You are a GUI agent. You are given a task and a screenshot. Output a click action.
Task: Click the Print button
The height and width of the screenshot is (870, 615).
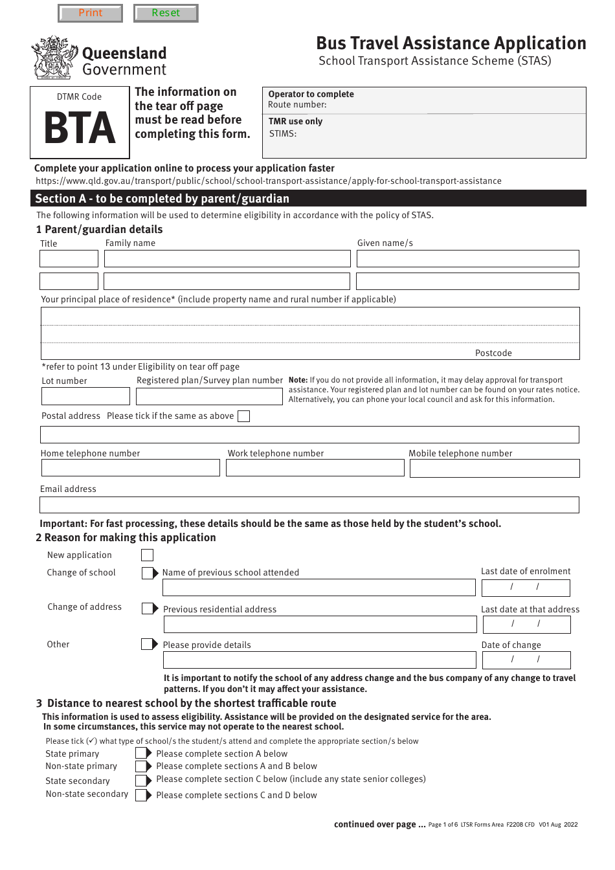(91, 13)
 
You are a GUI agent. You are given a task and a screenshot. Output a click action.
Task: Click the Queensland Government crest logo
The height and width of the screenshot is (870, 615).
(54, 58)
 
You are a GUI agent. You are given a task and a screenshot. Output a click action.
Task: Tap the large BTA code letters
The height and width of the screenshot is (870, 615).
(80, 129)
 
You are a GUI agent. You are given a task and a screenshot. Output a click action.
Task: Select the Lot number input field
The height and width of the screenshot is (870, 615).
(85, 396)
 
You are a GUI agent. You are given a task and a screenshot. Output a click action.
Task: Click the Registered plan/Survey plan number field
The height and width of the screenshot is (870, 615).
(209, 396)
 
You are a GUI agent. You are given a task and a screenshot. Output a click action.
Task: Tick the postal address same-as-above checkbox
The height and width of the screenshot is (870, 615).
(243, 416)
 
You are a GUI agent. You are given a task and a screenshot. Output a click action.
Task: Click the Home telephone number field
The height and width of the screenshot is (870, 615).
(130, 468)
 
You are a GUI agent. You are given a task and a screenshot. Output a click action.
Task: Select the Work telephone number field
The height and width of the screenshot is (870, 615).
(315, 468)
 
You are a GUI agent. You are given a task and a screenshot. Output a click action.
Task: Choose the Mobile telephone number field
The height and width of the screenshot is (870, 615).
(495, 469)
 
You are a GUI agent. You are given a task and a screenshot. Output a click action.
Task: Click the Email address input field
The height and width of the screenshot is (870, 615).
(309, 505)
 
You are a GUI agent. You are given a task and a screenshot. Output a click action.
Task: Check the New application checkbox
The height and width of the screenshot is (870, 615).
(148, 555)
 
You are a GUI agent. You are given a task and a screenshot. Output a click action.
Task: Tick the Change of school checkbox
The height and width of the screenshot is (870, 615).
(148, 573)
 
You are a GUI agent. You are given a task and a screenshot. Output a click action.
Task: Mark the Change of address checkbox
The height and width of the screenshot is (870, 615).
(148, 608)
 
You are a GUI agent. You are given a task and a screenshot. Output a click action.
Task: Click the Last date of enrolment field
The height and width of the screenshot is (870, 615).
(526, 587)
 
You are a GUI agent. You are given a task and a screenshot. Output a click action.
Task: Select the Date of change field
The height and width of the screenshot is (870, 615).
(526, 660)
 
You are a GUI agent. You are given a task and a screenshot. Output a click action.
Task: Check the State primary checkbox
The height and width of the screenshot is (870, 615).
(141, 753)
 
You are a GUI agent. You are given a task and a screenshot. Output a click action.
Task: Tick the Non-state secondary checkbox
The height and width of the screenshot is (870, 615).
(141, 795)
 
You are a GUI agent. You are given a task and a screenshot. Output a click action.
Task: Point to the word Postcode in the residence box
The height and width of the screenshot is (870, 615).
(493, 353)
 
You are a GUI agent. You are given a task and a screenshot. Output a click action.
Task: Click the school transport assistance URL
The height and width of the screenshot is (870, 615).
(268, 181)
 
